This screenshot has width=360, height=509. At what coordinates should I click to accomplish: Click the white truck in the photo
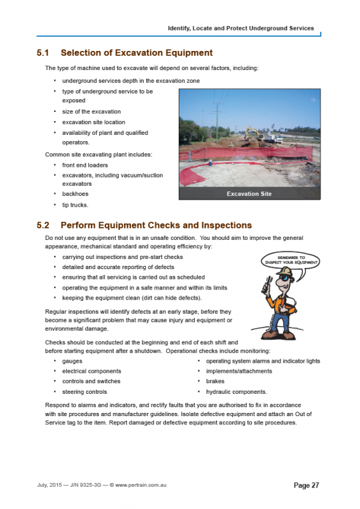click(x=270, y=137)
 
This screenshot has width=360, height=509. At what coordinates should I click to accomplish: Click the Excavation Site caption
click(x=249, y=193)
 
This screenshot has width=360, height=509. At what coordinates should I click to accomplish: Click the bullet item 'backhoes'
click(x=75, y=193)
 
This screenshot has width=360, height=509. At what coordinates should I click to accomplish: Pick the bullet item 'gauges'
click(x=73, y=361)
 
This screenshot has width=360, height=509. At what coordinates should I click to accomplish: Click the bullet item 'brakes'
click(x=215, y=381)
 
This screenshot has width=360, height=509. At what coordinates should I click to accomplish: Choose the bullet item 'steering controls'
click(x=85, y=392)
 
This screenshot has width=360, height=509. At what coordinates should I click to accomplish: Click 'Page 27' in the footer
click(x=306, y=485)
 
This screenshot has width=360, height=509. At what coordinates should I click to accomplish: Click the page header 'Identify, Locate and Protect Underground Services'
click(x=240, y=28)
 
